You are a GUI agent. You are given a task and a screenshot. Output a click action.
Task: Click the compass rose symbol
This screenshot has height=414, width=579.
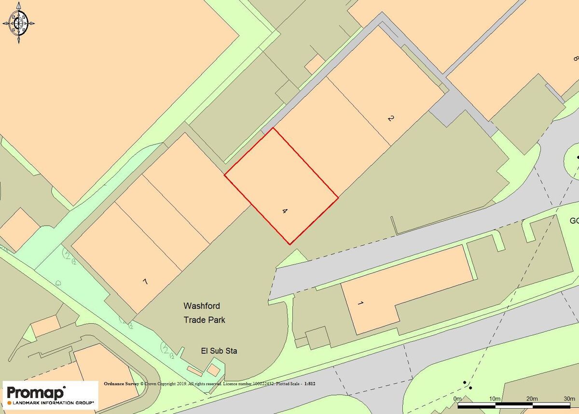19,22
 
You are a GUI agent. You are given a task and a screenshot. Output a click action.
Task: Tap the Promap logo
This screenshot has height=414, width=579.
36,392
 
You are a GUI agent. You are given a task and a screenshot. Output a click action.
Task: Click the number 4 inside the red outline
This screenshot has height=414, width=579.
285,211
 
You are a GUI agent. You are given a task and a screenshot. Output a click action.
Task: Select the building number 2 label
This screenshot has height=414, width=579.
391,118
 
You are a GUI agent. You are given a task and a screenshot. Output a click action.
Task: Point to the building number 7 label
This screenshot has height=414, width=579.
145,282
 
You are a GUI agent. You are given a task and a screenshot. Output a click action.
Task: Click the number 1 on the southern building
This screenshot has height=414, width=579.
360,303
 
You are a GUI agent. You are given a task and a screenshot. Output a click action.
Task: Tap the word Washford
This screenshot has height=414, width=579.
202,306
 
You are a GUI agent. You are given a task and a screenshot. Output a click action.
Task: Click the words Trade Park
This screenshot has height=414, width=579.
204,320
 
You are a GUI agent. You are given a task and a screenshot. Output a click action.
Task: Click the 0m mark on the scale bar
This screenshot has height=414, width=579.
458,398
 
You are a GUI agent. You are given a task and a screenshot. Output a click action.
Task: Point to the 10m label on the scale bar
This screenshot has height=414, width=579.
494,398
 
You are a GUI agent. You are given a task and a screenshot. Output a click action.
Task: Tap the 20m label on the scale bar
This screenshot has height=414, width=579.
531,398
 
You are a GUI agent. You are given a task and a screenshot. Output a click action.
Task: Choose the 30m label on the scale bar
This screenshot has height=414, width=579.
569,398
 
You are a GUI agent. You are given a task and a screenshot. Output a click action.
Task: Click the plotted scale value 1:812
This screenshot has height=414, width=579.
309,384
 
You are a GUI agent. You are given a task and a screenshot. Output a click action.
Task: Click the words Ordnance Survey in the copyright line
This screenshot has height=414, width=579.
121,384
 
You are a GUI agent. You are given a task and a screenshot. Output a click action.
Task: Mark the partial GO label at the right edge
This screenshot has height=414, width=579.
574,221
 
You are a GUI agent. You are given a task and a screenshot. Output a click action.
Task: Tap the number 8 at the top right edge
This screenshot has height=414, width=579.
575,59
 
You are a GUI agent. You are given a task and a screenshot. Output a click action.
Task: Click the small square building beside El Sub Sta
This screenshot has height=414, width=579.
213,370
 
